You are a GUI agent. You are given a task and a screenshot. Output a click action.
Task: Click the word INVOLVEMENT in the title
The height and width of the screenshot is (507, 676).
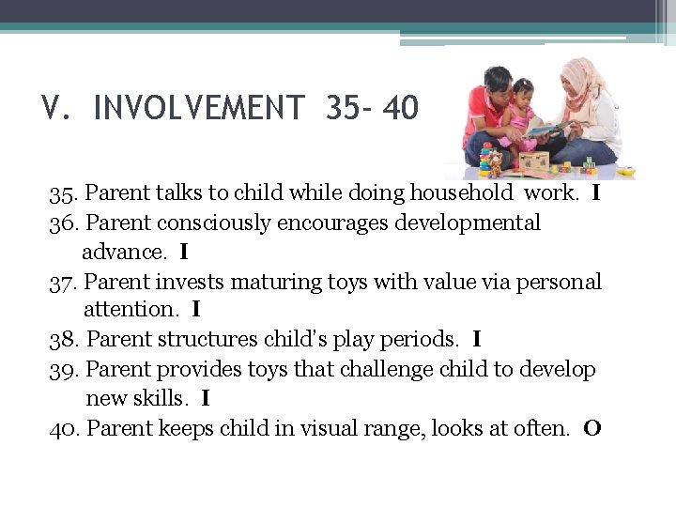(x=199, y=109)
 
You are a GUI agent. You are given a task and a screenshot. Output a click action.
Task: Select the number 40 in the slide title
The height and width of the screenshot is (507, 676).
(x=401, y=109)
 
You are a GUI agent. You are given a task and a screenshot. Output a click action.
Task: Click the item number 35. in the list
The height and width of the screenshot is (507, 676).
(x=65, y=194)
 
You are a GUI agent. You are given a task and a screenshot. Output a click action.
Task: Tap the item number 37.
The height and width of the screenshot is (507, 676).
(x=65, y=282)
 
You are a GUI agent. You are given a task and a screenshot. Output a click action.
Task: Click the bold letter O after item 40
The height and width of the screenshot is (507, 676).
(x=591, y=429)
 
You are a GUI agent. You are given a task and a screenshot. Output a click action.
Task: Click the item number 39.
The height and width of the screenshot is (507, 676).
(x=65, y=369)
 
